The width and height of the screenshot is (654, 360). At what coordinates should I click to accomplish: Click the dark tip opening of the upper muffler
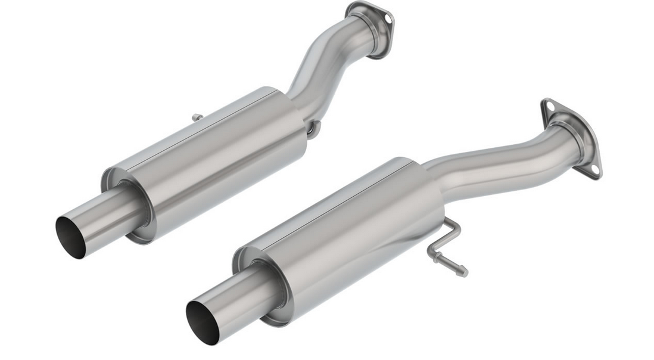point(70,237)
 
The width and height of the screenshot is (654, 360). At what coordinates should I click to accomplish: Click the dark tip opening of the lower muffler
point(201,322)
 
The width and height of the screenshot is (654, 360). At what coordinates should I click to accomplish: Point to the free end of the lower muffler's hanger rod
point(464,273)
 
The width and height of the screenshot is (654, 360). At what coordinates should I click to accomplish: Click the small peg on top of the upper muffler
point(195,117)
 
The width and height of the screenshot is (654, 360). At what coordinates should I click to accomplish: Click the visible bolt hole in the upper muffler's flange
point(388,20)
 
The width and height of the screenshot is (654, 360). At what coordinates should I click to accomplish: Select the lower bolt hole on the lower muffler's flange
point(591,171)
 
